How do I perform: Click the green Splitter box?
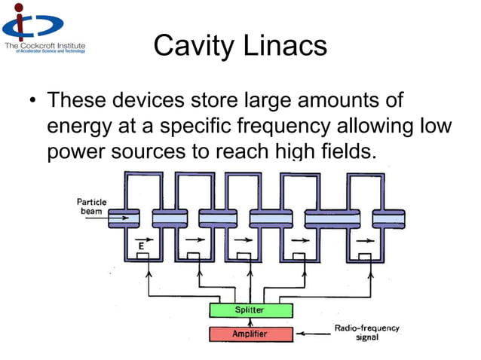(x=250, y=310)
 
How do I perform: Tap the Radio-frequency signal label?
(x=366, y=333)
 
